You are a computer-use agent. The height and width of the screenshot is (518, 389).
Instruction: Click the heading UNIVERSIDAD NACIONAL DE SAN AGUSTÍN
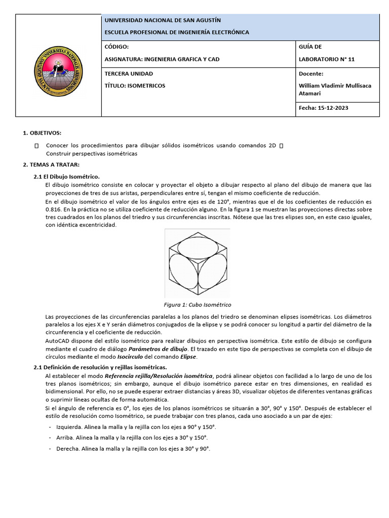pos(162,20)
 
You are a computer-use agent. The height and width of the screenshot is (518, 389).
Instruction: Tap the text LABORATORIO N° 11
pos(327,59)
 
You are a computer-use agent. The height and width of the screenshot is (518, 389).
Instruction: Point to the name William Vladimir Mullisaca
pos(335,85)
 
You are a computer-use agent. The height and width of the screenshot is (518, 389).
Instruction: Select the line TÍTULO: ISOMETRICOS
pos(135,85)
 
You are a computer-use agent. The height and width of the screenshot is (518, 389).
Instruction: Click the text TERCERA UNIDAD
pos(128,73)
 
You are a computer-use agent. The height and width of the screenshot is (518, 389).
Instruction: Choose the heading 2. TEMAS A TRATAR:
pos(51,165)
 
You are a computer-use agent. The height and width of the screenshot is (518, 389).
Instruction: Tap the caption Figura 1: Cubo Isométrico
pos(197,305)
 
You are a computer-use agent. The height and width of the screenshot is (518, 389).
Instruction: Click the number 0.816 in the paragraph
pos(53,209)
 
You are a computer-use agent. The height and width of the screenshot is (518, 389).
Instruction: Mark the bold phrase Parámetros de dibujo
pos(158,349)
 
